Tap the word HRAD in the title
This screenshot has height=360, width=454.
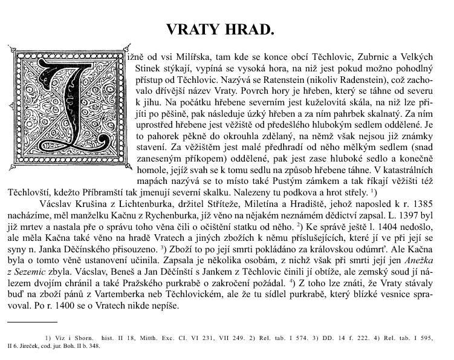tap(250, 30)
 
